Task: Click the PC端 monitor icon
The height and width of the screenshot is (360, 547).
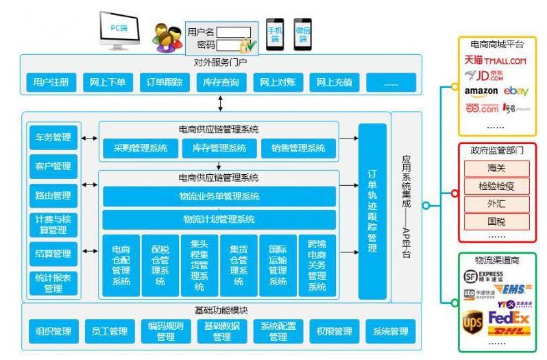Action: tap(119, 29)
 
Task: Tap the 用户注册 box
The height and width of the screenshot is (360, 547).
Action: tap(51, 82)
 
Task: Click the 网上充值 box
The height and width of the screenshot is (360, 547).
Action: tap(335, 82)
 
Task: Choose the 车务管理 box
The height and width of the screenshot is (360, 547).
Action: tap(53, 137)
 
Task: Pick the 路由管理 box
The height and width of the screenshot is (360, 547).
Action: tap(53, 195)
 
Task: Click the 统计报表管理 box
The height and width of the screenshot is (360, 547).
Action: tap(53, 283)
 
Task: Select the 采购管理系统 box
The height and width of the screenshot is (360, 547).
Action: tap(140, 148)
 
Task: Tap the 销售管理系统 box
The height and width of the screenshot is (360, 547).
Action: tap(298, 148)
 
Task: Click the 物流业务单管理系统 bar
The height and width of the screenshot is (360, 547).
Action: tap(219, 197)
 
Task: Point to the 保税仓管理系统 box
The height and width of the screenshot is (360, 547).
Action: tap(160, 265)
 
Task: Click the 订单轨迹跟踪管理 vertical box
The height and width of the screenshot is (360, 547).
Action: tap(372, 211)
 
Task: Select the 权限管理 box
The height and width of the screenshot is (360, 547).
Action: tap(335, 332)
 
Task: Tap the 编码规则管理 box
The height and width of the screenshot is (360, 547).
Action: tap(166, 332)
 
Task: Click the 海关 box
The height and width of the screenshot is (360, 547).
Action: tap(497, 168)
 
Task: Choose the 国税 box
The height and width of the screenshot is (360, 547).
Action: tap(497, 221)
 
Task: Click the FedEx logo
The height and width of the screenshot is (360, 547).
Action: tap(509, 318)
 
